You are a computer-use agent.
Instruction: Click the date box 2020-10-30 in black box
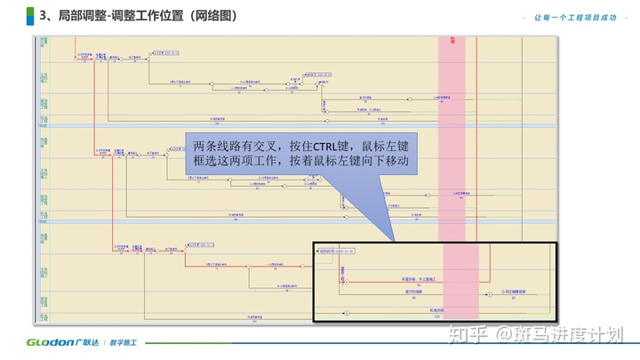coord(338,252)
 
